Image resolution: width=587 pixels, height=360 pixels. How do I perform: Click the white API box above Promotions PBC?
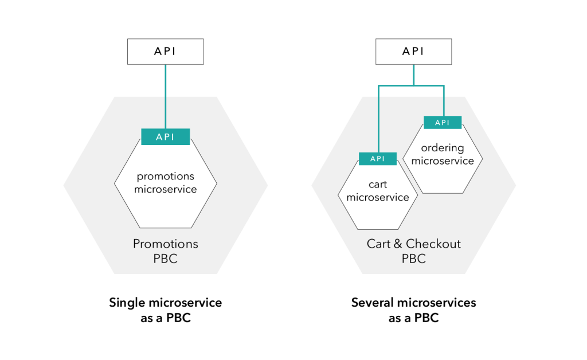point(165,51)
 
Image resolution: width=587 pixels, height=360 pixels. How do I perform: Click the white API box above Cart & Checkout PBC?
point(413,51)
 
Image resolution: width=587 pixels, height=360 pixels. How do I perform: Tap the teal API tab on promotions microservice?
point(165,137)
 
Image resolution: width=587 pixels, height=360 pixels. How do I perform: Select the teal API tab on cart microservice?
point(378,159)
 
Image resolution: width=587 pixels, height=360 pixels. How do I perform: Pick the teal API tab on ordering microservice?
point(443,123)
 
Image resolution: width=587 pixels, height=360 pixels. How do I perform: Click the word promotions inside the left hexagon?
point(165,176)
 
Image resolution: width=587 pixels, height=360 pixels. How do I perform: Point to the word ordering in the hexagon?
point(443,148)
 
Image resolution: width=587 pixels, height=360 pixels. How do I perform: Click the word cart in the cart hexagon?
point(378,185)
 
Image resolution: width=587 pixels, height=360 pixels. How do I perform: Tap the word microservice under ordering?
point(443,161)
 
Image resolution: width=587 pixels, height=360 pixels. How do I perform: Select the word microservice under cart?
point(378,198)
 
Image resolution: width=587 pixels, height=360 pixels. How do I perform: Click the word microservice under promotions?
point(165,189)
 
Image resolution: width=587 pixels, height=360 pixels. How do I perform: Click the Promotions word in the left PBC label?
point(165,244)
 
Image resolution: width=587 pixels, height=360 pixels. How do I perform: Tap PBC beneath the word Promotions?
point(165,259)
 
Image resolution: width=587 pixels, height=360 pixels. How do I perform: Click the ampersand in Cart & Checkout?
point(397,244)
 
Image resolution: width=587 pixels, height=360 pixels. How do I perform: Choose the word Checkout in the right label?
point(433,244)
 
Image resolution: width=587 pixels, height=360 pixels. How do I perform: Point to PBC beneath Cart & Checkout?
point(413,259)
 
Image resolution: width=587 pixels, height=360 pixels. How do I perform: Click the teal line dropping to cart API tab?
point(378,120)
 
